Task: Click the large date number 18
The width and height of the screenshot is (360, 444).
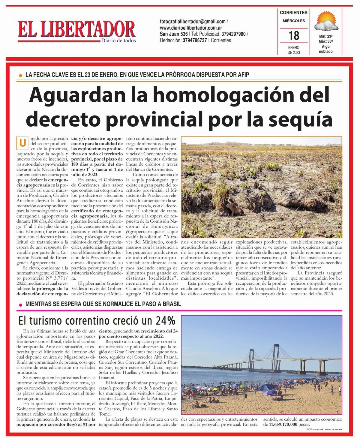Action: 294,36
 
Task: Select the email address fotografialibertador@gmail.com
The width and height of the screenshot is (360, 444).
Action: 193,22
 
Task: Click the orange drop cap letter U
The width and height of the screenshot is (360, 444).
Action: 22,143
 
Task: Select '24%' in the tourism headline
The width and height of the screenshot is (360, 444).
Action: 165,321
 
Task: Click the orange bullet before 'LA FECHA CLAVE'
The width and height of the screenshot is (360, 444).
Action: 20,75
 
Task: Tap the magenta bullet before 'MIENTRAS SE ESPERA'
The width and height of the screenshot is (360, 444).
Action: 20,304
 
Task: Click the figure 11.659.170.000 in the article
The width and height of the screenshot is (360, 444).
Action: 283,425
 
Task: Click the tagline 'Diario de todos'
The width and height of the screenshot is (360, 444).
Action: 118,41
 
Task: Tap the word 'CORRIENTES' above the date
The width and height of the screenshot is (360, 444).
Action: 293,13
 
